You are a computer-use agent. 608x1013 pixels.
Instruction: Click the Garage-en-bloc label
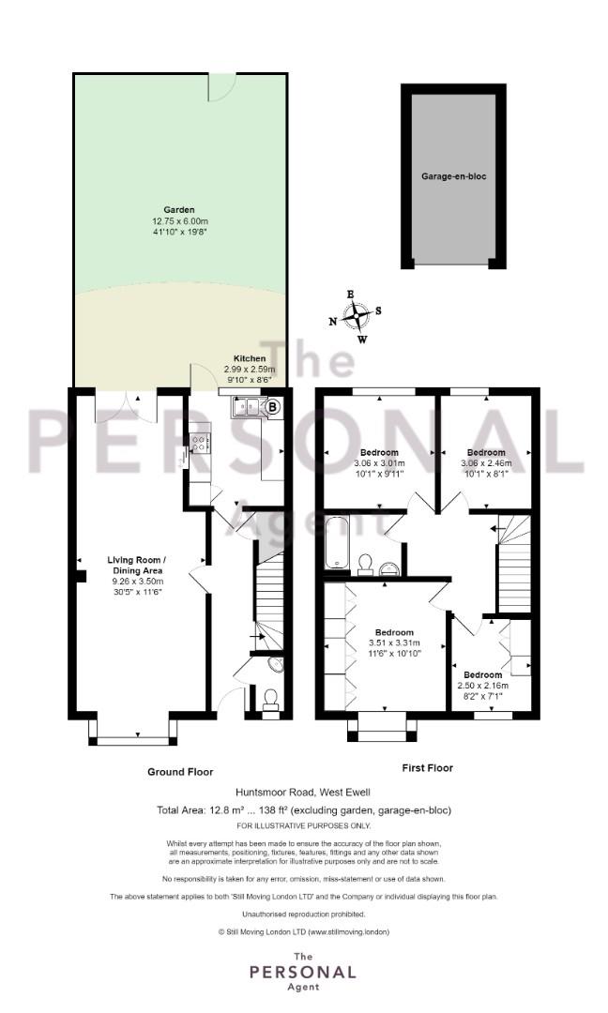[x=453, y=175]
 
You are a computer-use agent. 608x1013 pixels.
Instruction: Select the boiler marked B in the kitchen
[x=273, y=407]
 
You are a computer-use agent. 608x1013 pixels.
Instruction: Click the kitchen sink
[x=246, y=407]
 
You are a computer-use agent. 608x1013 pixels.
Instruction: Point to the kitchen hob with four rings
[x=200, y=443]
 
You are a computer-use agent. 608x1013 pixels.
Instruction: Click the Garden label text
[x=179, y=210]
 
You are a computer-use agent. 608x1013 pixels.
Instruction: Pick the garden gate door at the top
[x=217, y=87]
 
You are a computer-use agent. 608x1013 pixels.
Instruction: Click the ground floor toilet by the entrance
[x=271, y=700]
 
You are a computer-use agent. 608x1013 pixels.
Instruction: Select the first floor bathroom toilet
[x=364, y=564]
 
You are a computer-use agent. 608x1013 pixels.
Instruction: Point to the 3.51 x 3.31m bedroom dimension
[x=394, y=643]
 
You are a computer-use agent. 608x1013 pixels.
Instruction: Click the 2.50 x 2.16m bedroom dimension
[x=482, y=686]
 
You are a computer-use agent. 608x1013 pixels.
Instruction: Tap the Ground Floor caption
[x=180, y=771]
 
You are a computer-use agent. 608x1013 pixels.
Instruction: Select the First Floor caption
[x=427, y=767]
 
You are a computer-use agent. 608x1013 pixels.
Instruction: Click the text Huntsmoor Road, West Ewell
[x=303, y=792]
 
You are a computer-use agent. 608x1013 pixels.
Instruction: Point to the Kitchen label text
[x=250, y=358]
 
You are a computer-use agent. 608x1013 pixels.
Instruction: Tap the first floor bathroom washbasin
[x=389, y=567]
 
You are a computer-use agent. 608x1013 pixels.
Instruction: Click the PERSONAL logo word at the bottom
[x=303, y=972]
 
